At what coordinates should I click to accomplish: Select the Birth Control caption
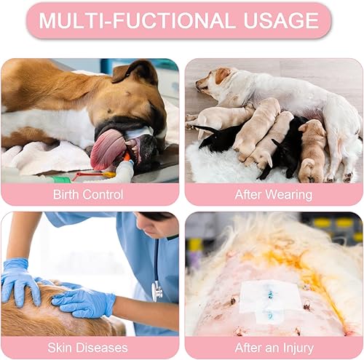point(90,194)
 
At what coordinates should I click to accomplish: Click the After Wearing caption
point(273,194)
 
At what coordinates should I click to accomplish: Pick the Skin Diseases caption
point(90,348)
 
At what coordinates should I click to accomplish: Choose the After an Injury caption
point(273,348)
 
